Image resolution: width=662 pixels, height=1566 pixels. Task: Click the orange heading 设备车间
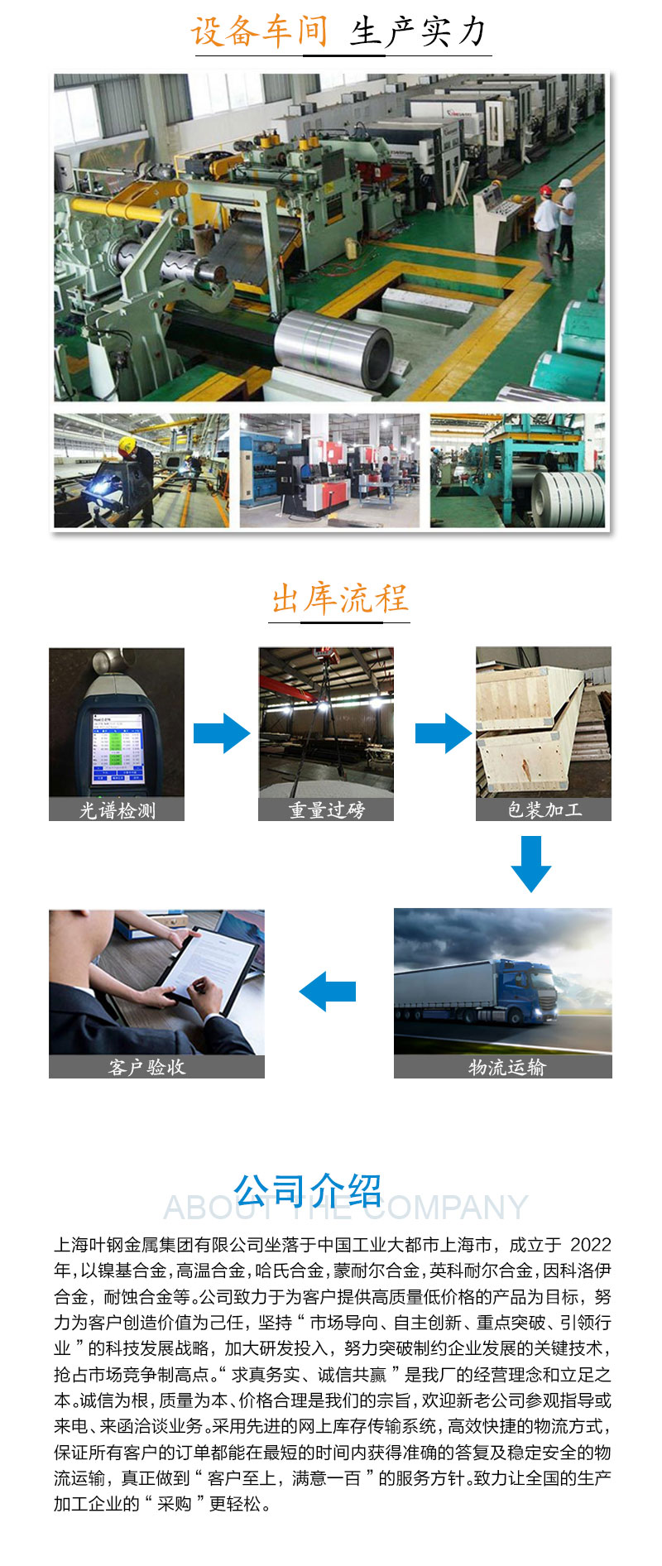(x=260, y=31)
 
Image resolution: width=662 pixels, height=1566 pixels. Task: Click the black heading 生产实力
(x=419, y=31)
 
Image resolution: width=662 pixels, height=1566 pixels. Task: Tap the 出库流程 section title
(x=340, y=598)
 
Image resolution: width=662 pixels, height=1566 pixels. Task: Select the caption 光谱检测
(x=117, y=809)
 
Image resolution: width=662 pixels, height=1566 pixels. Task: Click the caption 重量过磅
(x=326, y=809)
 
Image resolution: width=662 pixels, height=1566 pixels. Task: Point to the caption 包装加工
(x=544, y=809)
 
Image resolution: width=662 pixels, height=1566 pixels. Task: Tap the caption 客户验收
(x=146, y=1067)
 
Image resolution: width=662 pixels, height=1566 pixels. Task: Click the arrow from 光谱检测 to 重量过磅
(x=222, y=733)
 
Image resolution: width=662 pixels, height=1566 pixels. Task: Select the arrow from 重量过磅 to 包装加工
(x=444, y=733)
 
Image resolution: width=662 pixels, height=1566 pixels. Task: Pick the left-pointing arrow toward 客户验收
(x=328, y=992)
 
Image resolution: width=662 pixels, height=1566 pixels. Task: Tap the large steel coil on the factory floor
(x=335, y=348)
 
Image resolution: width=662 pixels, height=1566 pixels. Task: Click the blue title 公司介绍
(x=308, y=1191)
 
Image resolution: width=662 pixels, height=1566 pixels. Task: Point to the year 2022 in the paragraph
(x=591, y=1245)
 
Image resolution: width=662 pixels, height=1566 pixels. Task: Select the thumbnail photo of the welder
(x=142, y=470)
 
